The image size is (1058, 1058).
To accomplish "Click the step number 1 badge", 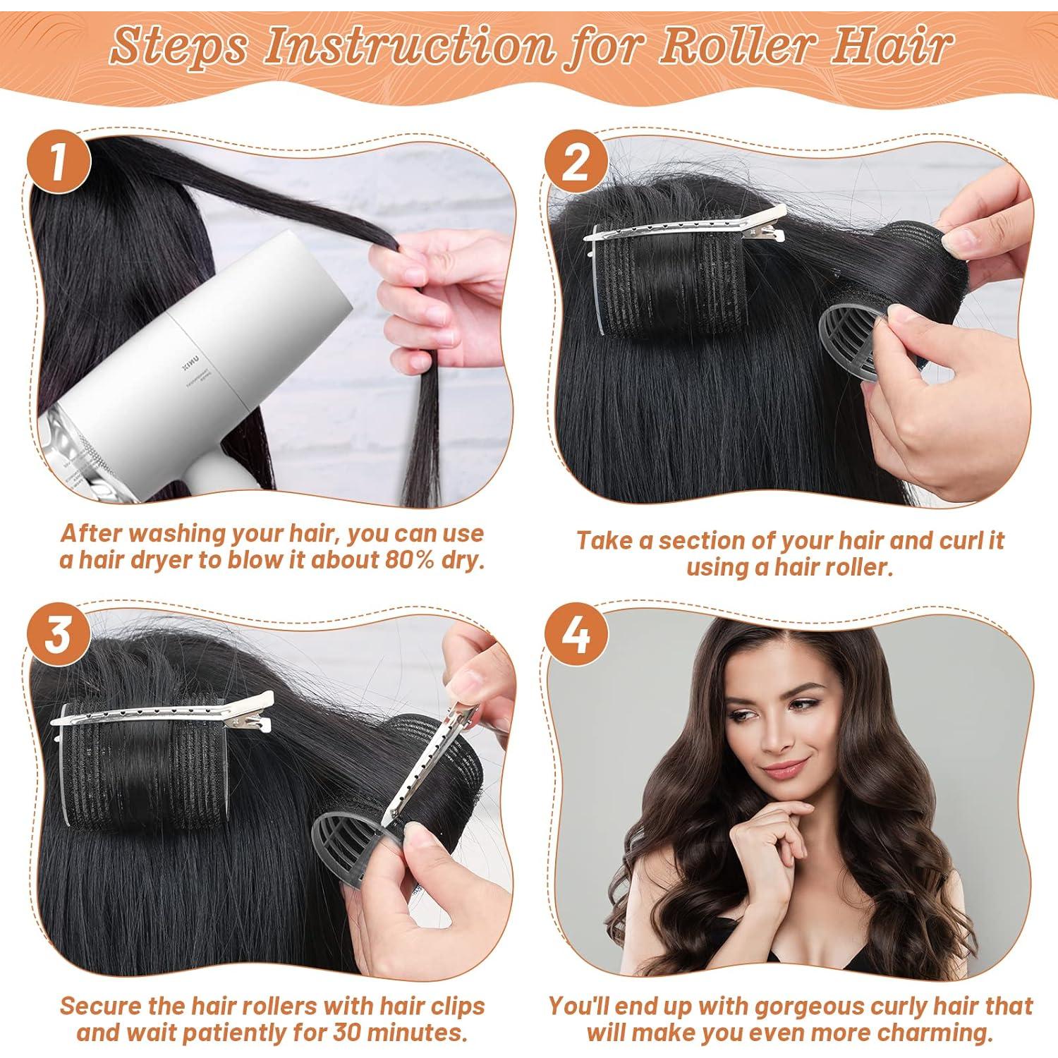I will pos(59,164).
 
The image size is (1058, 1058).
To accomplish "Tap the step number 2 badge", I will pos(576,164).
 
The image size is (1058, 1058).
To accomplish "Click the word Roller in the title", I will pos(727,47).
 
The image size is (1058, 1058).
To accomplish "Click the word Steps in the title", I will pos(179,47).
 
